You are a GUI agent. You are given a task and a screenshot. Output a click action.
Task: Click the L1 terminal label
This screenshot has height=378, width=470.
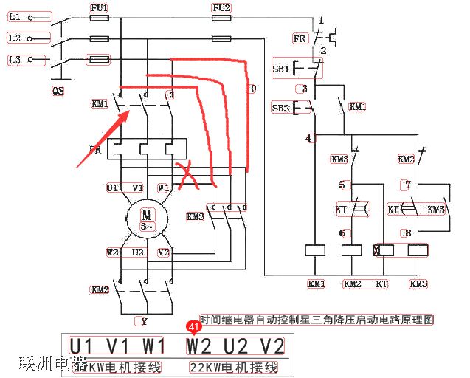[x=15, y=16]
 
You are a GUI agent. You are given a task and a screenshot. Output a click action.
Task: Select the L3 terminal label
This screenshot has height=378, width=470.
[x=15, y=58]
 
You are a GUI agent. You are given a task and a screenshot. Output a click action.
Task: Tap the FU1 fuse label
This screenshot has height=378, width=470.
[x=99, y=7]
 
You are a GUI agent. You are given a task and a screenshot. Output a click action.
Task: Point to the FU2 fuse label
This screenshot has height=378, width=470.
[x=221, y=7]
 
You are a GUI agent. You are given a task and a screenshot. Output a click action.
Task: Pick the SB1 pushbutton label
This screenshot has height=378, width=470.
[x=281, y=69]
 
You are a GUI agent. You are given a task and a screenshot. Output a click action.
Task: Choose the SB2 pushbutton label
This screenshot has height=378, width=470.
[x=280, y=108]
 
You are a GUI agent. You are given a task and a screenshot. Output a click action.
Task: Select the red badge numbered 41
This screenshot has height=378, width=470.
[x=194, y=326]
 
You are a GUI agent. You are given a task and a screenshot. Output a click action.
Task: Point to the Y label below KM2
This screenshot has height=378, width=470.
[x=144, y=321]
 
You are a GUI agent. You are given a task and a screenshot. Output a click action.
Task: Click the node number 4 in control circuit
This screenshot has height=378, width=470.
[x=308, y=138]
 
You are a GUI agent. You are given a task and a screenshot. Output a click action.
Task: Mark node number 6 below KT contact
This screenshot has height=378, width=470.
[x=342, y=233]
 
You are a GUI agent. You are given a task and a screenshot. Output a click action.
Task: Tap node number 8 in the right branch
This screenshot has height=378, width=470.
[x=408, y=233]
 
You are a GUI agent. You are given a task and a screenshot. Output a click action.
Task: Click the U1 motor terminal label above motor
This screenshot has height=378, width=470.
[x=112, y=188]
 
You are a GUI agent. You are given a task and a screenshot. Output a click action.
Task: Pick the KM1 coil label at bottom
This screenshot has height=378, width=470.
[x=316, y=283]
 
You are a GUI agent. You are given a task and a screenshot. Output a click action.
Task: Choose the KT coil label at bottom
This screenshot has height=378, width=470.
[x=381, y=283]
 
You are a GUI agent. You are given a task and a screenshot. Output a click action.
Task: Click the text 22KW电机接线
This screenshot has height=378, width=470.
[x=233, y=367]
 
